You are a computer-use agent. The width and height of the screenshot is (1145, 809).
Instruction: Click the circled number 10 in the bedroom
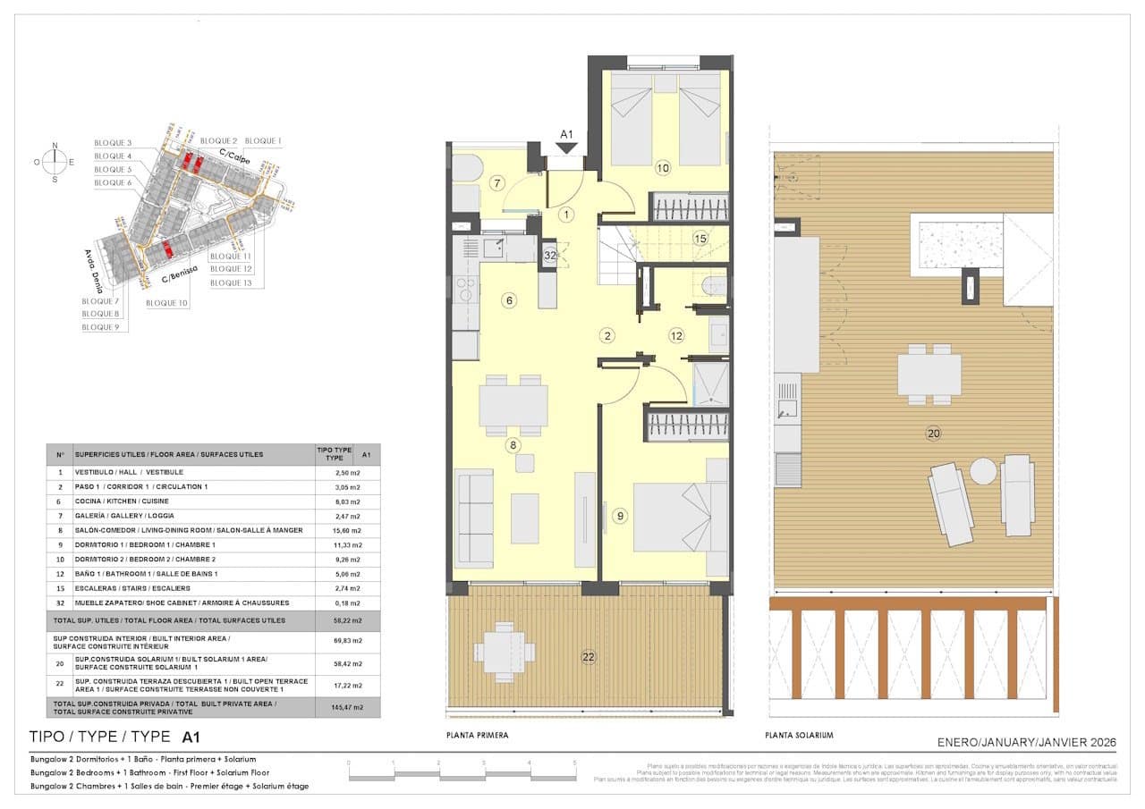pos(662,167)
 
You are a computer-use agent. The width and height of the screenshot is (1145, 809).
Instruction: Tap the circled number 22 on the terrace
pos(589,657)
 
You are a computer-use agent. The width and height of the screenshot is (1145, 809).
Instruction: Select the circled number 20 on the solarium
pos(934,434)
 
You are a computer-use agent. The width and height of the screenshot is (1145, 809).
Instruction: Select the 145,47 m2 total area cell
pos(347,706)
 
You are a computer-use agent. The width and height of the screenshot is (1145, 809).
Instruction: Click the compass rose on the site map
pos(55,162)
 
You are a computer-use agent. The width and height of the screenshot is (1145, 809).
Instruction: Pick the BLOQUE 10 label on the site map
pos(166,304)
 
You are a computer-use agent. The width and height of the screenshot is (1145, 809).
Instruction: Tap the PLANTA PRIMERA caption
pos(477,735)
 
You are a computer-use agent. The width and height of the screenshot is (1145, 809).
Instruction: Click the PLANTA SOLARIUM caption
pos(799,735)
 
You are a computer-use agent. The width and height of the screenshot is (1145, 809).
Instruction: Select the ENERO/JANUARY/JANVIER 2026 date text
pos(1026,743)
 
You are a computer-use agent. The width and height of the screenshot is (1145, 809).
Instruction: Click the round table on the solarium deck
pos(984,471)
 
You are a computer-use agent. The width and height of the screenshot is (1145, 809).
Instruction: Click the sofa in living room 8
pos(475,518)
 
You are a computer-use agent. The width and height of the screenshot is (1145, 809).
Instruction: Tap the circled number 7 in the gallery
pos(499,184)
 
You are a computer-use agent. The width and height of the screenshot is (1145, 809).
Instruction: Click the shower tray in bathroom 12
pos(711,383)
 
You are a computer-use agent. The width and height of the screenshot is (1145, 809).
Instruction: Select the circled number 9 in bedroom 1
pos(619,515)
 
